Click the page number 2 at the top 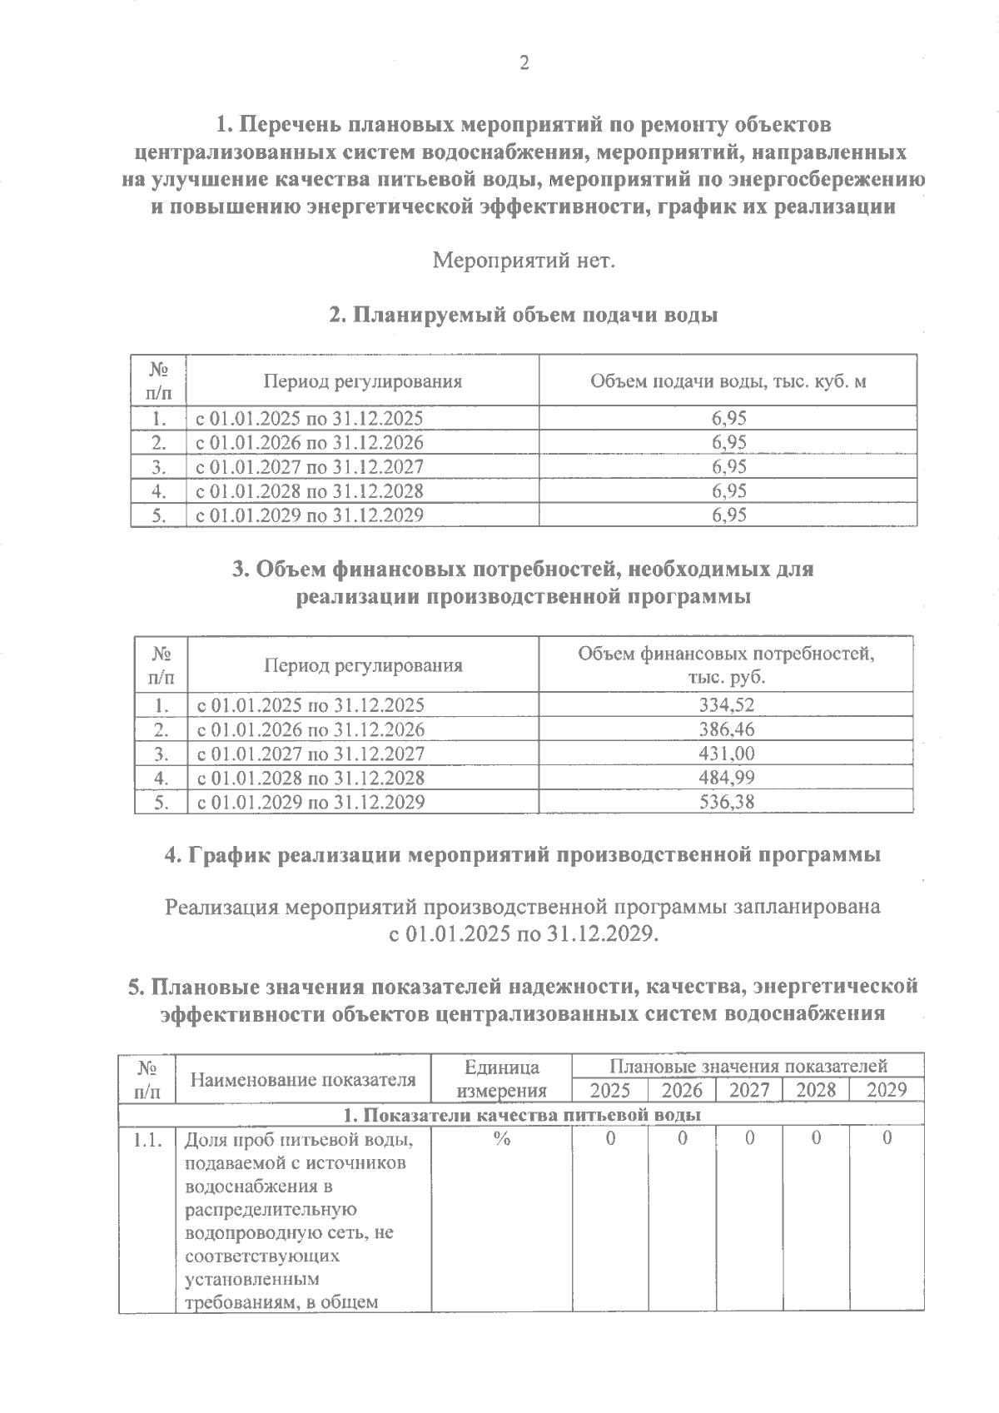524,63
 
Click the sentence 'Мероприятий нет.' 524,261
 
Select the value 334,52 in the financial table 727,705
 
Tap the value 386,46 727,729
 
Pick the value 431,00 727,754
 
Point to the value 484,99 727,778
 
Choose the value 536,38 727,802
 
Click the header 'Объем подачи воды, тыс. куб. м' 728,381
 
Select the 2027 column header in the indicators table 748,1091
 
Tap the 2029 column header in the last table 886,1091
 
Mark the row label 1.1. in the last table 147,1140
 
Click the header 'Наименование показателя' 303,1080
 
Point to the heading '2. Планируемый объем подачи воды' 524,316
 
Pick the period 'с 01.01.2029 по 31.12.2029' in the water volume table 309,515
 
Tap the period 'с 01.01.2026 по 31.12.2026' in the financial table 310,729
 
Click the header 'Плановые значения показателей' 748,1066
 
